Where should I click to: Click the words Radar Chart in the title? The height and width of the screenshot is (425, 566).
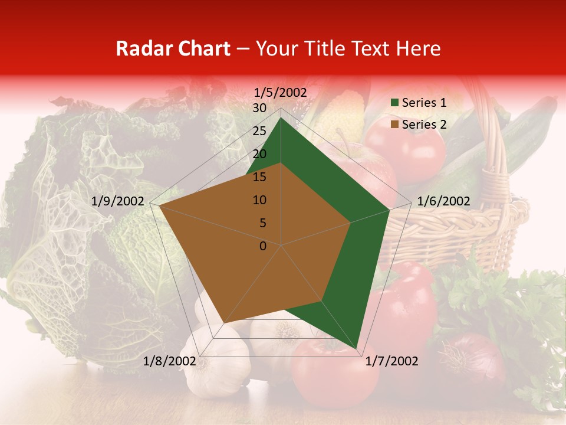click(173, 49)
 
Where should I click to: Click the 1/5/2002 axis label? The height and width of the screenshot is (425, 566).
click(281, 92)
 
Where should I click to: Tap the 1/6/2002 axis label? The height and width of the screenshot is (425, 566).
click(443, 201)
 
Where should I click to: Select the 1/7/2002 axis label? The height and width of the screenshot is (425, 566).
click(391, 361)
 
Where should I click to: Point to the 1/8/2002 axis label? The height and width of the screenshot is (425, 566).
click(170, 361)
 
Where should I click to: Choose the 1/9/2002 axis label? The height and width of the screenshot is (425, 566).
click(118, 201)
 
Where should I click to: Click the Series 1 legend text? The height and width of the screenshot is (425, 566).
click(424, 103)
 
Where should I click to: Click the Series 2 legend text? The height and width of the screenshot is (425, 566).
click(424, 124)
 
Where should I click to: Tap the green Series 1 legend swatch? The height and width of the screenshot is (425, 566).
click(394, 103)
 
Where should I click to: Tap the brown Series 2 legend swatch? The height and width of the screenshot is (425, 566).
click(394, 125)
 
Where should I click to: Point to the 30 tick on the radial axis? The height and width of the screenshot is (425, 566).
click(259, 108)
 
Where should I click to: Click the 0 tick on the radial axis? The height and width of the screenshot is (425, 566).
click(263, 246)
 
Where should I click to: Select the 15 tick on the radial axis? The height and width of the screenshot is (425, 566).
click(259, 177)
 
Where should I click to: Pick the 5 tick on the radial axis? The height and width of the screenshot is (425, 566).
click(262, 223)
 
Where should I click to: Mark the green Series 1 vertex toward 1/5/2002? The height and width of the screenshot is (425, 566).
click(281, 118)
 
